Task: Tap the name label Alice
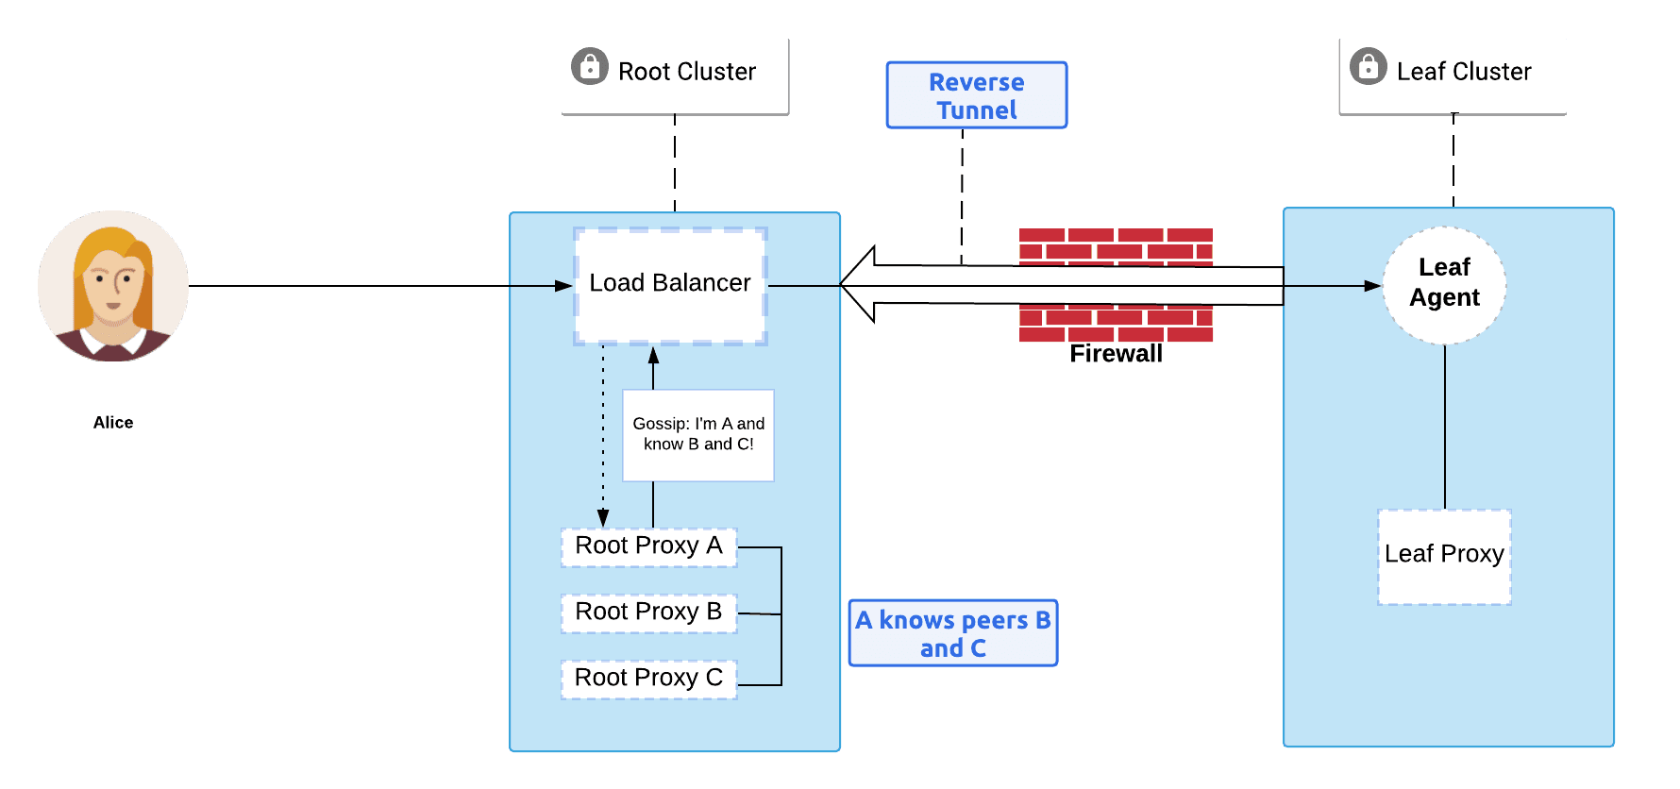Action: pos(113,423)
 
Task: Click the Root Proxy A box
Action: pos(648,546)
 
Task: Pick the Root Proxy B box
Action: pos(648,613)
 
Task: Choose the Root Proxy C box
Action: pos(648,679)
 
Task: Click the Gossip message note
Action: pos(698,435)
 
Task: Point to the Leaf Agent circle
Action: pos(1444,283)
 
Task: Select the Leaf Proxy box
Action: pos(1444,556)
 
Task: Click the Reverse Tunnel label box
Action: pos(977,95)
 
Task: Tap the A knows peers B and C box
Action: pos(953,633)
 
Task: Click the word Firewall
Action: pos(1116,354)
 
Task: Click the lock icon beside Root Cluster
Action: pos(590,67)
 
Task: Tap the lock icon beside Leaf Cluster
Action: pos(1369,67)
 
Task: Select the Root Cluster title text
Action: pos(687,72)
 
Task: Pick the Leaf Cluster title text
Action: pos(1464,72)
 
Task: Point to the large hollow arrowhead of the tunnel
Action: pos(859,284)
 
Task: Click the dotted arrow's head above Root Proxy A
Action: pos(603,517)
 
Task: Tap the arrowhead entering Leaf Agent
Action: pos(1373,285)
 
